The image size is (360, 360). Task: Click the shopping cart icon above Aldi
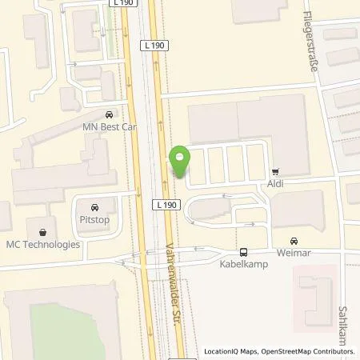pos(276,171)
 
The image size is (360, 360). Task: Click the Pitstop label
pos(95,217)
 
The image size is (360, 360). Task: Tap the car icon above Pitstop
pos(95,205)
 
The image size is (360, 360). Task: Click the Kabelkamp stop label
pos(242,262)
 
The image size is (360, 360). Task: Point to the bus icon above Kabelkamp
pos(243,250)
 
